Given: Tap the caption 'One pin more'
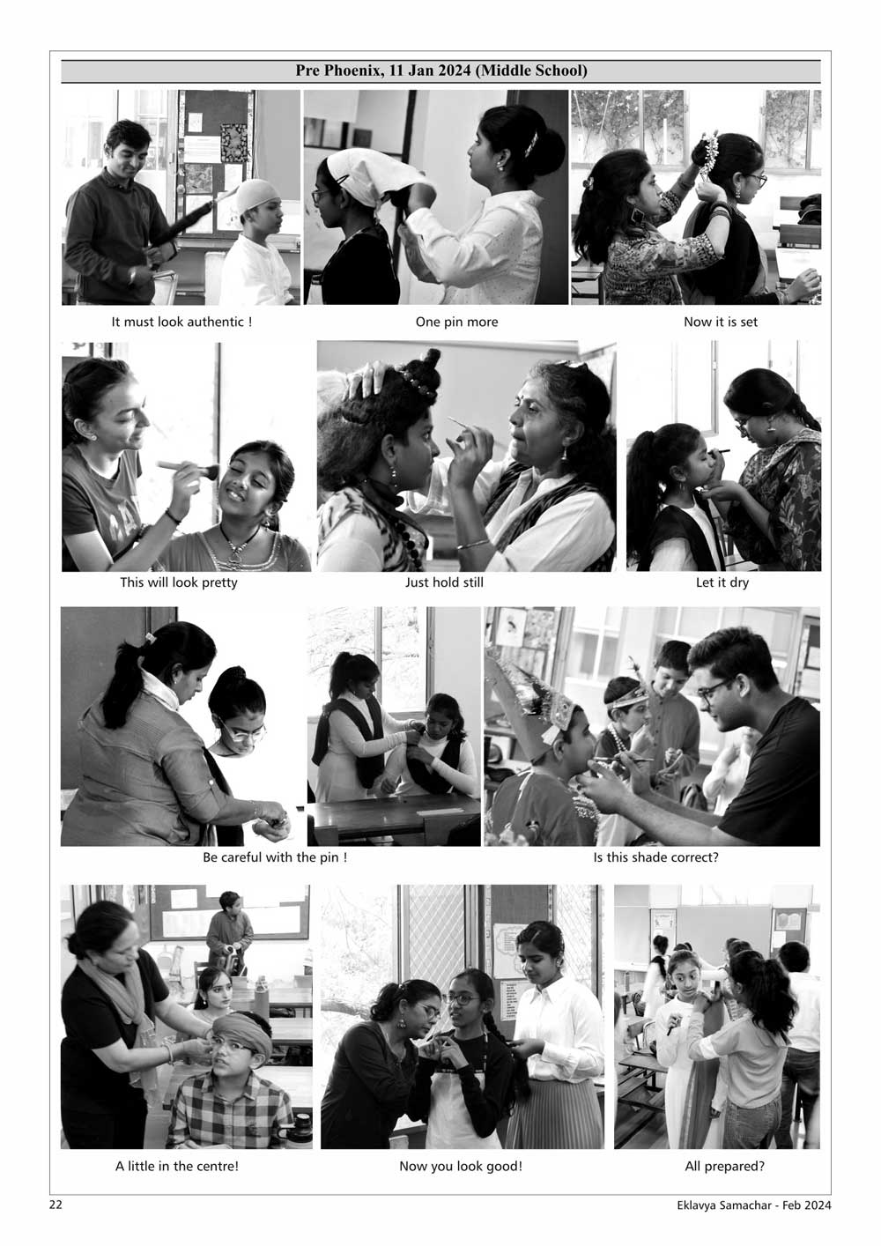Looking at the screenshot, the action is click(456, 322).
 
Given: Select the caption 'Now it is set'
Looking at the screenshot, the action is click(721, 322).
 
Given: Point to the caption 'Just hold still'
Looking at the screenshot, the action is click(444, 582).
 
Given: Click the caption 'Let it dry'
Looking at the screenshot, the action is click(722, 582).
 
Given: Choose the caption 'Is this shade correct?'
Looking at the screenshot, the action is click(655, 857).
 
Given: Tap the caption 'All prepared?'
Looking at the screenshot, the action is click(725, 1166).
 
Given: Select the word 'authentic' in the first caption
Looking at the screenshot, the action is click(215, 322).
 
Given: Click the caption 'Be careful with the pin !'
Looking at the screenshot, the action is click(275, 857).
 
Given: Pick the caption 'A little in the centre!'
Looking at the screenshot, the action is click(177, 1166).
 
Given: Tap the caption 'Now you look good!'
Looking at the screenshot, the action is click(461, 1166).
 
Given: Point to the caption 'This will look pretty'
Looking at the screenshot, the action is click(179, 582).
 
